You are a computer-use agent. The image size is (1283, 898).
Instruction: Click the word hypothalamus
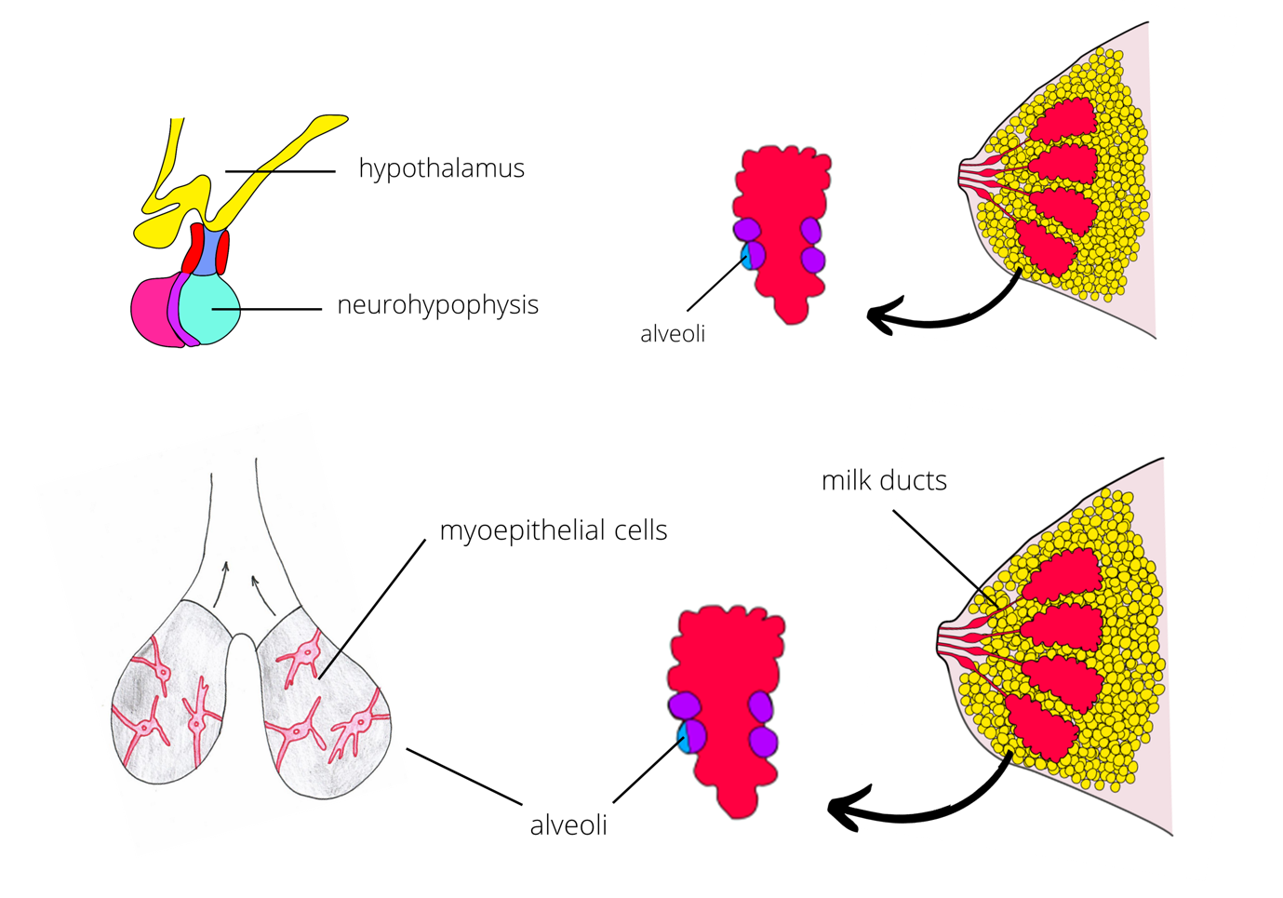[441, 168]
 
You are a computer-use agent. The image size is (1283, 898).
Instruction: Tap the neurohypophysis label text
[437, 305]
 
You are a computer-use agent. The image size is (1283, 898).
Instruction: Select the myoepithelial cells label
[553, 530]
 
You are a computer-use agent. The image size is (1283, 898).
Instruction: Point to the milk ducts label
[884, 480]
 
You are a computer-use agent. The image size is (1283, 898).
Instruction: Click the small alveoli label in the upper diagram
[672, 334]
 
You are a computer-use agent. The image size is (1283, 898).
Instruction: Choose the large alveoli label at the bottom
[568, 825]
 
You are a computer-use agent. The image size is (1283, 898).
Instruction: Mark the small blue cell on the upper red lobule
[745, 256]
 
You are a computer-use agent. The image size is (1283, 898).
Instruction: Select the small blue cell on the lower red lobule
[686, 739]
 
